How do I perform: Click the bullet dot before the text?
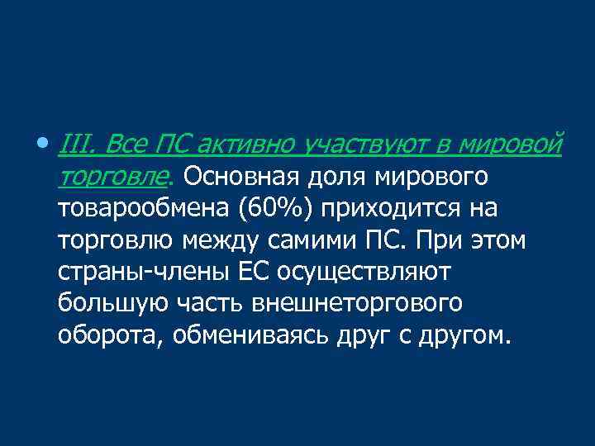coord(42,145)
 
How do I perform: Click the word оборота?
coord(108,336)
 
